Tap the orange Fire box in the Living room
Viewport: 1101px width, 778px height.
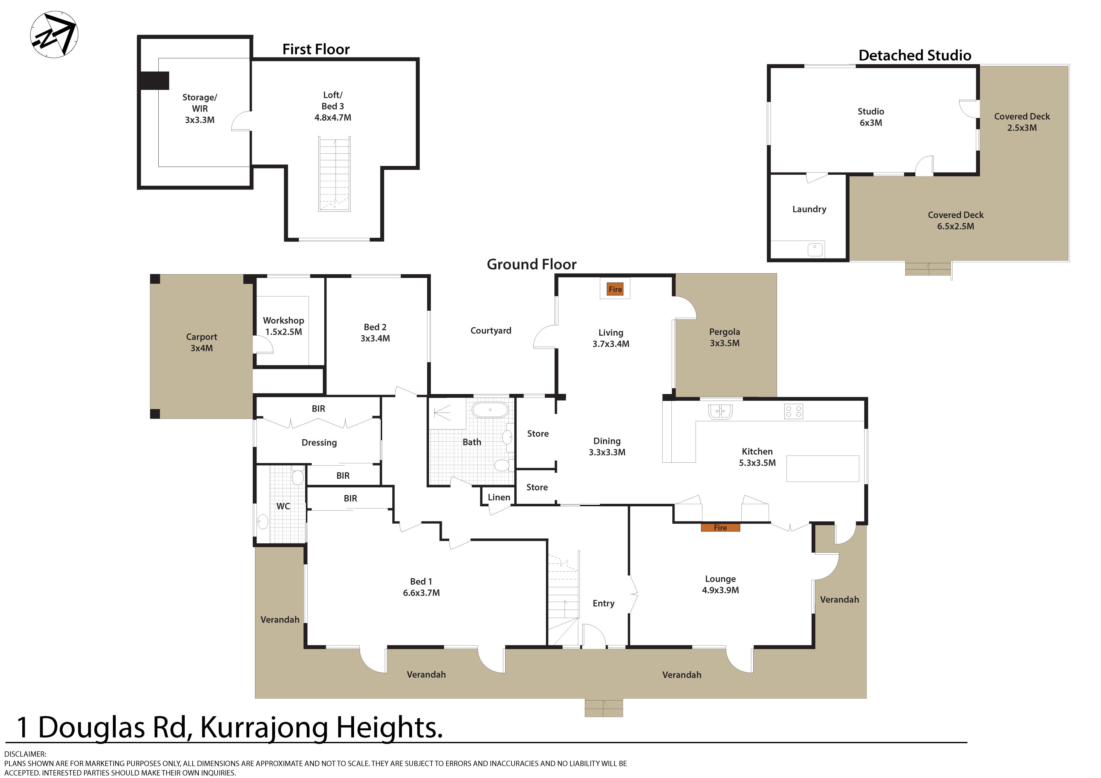[x=615, y=289]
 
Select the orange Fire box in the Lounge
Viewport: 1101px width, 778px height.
[x=720, y=528]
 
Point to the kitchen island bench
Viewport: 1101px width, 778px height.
[x=823, y=469]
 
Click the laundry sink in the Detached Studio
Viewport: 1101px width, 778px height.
[x=815, y=249]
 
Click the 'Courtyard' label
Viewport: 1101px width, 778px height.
[x=490, y=330]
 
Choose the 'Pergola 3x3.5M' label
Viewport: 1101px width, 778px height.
[x=725, y=337]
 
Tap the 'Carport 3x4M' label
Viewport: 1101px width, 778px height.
[x=201, y=343]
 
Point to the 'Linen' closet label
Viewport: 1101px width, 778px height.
[x=499, y=498]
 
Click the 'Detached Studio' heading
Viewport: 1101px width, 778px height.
[x=914, y=56]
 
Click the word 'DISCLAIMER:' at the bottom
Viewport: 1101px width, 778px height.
[x=25, y=754]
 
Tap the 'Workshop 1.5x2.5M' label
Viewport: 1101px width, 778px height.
[x=283, y=326]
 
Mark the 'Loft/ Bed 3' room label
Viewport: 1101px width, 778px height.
[x=333, y=101]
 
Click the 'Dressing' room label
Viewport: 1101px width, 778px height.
[x=319, y=443]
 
